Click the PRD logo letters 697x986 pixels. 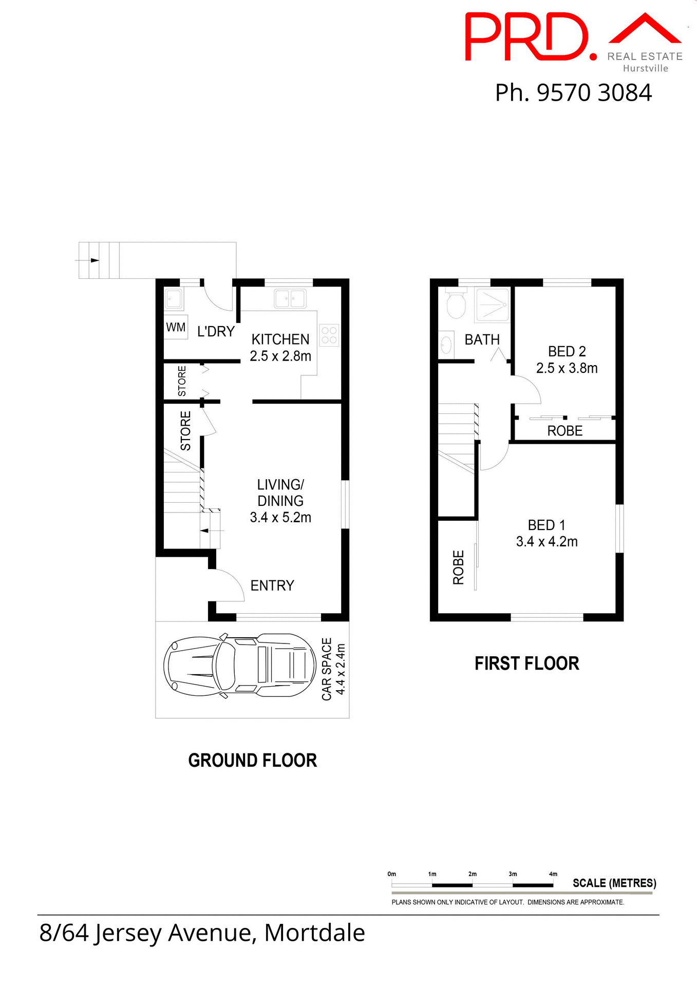526,37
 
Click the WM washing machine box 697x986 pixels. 176,327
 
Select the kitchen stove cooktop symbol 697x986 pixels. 329,335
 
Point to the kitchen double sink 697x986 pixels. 290,298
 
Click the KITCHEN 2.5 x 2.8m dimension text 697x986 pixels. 280,356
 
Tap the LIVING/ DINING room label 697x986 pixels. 280,492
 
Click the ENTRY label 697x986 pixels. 272,585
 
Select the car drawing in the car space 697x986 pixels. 239,666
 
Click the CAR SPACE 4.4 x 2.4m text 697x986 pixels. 333,669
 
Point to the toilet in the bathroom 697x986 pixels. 456,304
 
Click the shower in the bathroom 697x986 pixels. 493,305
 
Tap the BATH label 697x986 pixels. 482,339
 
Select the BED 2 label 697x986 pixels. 567,351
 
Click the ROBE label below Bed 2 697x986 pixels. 564,431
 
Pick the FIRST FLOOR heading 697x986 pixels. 526,663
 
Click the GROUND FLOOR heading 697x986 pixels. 252,761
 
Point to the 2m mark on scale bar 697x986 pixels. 472,874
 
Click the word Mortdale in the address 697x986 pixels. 314,933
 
